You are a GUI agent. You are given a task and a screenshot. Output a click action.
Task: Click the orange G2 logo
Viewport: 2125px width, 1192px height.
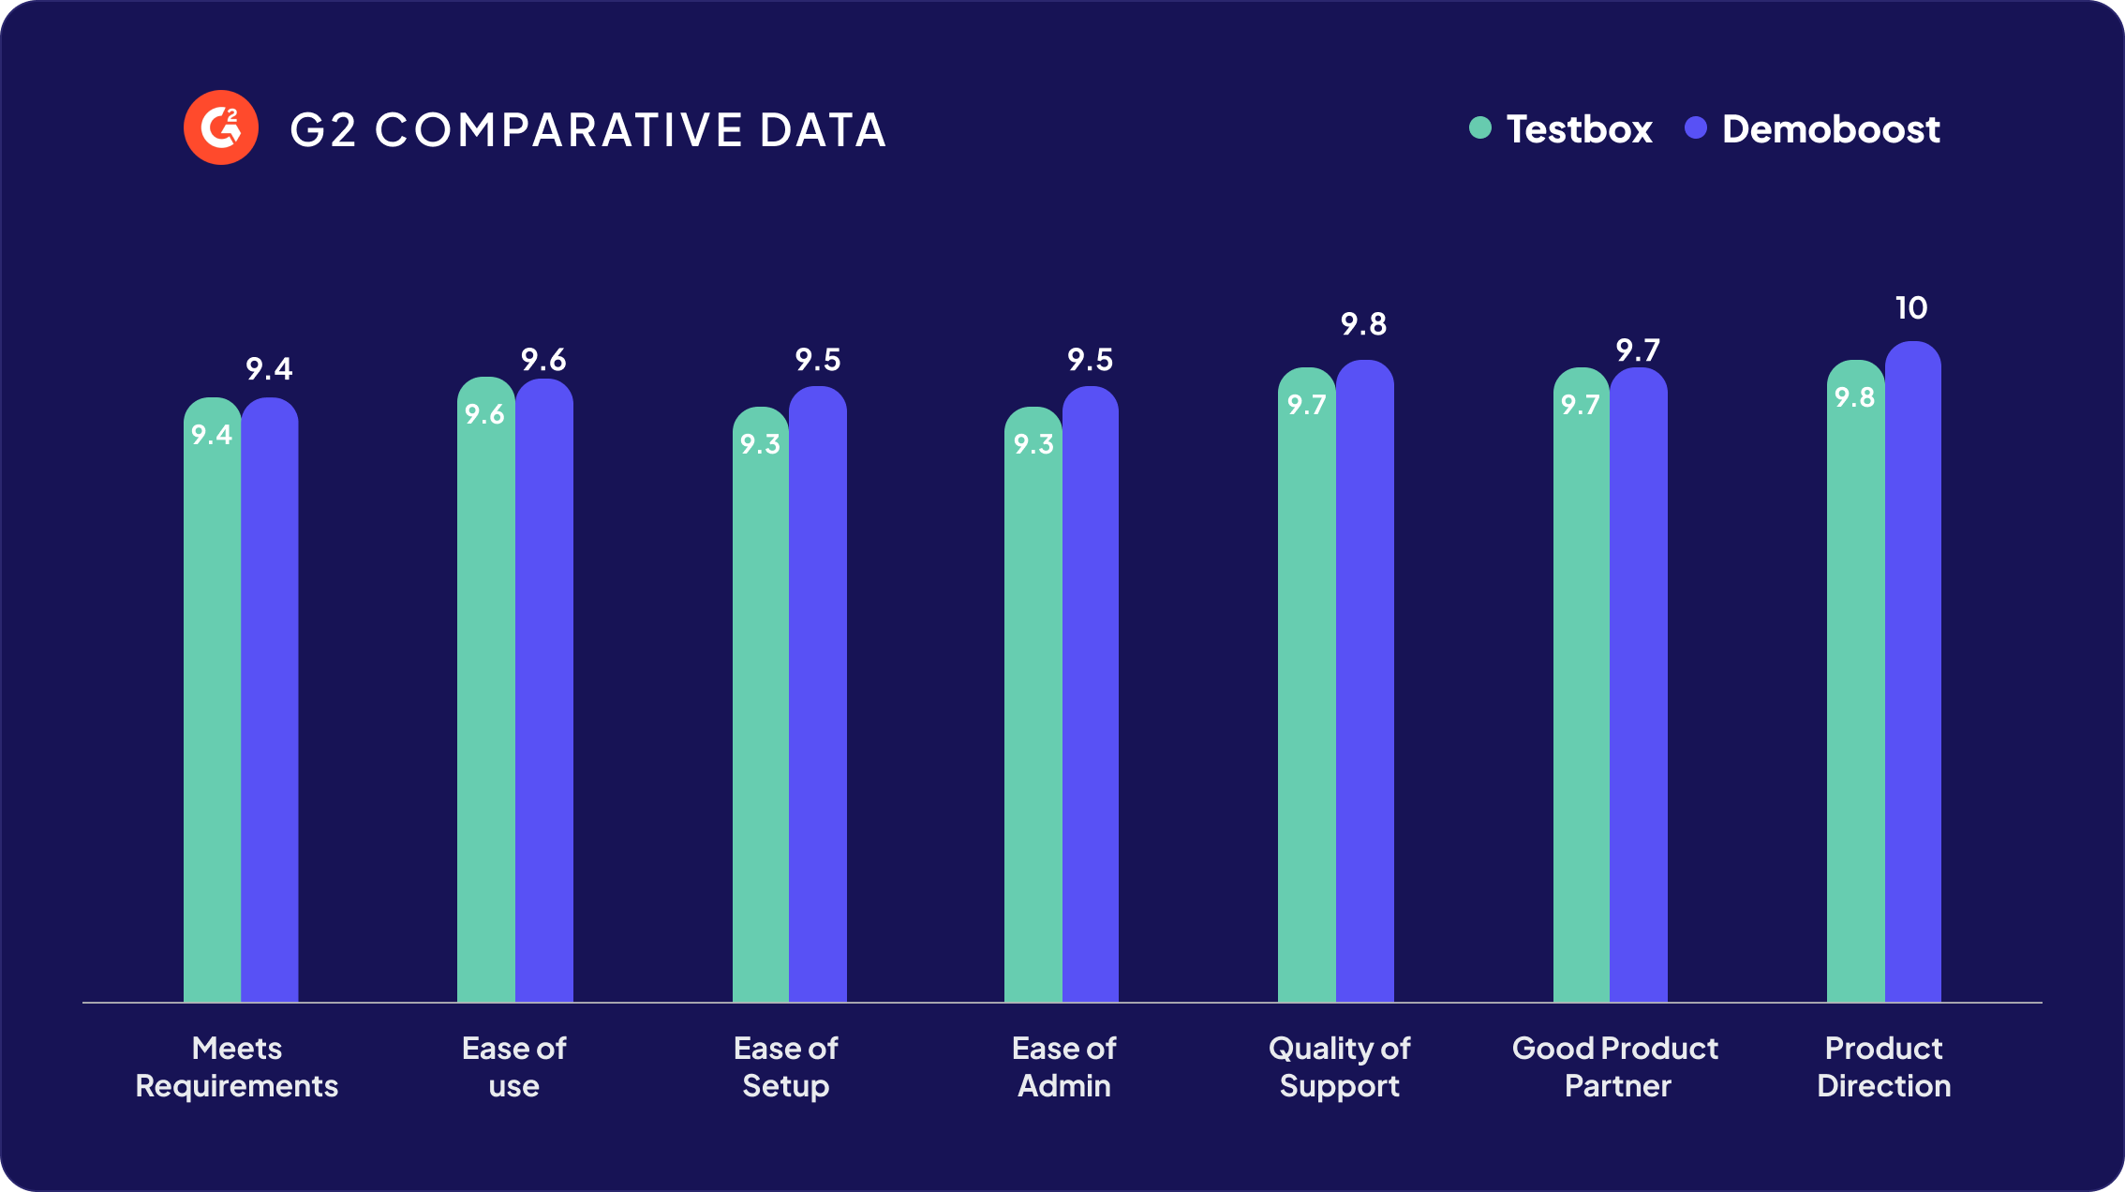(221, 127)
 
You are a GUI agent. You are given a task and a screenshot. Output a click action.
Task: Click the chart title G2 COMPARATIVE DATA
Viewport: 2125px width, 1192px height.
(587, 129)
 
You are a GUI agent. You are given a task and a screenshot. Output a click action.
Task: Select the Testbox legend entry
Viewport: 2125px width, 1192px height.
(1561, 129)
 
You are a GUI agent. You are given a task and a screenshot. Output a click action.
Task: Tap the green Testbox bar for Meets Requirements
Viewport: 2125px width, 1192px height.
(212, 712)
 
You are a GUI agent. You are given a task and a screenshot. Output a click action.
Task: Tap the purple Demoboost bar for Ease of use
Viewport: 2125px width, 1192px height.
(544, 693)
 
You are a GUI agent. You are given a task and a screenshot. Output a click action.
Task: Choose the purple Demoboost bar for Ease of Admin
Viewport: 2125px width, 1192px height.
(1091, 693)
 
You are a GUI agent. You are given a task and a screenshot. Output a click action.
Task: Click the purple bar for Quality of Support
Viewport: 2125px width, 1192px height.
(1365, 684)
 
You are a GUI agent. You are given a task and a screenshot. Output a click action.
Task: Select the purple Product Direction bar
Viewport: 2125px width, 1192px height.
(1913, 675)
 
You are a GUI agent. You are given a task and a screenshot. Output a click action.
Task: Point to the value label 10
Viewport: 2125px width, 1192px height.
(1911, 308)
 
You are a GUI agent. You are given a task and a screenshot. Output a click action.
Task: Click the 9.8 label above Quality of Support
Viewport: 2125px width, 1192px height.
(1363, 324)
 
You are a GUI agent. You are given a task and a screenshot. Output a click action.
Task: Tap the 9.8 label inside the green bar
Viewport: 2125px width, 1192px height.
(1854, 397)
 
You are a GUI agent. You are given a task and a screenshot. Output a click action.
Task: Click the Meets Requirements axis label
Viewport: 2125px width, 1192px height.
(236, 1066)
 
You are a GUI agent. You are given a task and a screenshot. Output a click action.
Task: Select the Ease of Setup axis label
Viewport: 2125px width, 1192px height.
(785, 1066)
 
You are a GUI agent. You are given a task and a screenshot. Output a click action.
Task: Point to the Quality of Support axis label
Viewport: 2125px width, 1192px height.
(1339, 1066)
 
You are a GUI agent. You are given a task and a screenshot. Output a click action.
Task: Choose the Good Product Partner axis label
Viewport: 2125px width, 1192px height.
(1615, 1066)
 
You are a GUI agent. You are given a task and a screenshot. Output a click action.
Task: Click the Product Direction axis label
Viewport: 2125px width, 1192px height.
(1883, 1066)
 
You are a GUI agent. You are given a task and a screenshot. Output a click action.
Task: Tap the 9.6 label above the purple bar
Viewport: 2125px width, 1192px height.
(543, 360)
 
